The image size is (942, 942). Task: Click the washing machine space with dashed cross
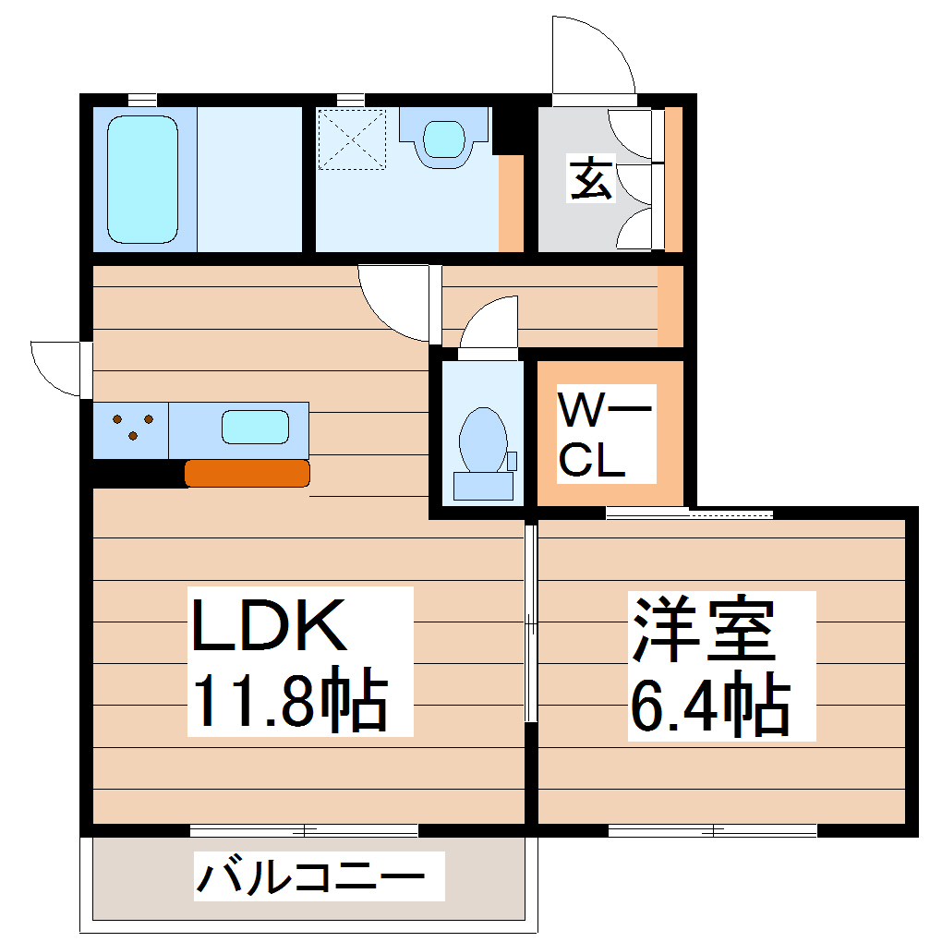click(352, 139)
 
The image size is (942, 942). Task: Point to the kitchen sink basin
click(254, 428)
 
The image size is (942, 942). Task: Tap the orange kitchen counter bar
click(247, 473)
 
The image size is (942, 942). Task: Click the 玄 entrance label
click(590, 179)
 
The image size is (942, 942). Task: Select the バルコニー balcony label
click(310, 876)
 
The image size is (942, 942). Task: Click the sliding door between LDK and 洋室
click(531, 623)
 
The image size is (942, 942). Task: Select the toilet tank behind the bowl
click(483, 486)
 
